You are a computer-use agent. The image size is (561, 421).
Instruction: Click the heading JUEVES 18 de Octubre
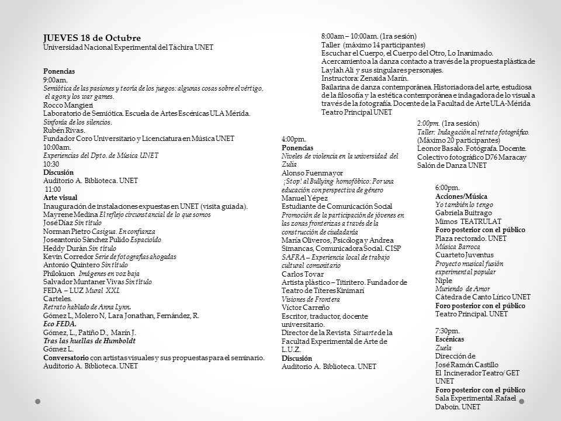pyautogui.click(x=92, y=38)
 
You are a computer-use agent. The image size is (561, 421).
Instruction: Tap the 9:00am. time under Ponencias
pyautogui.click(x=56, y=80)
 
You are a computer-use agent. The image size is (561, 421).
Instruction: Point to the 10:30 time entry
pyautogui.click(x=51, y=164)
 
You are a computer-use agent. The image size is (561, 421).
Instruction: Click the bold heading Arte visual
pyautogui.click(x=60, y=198)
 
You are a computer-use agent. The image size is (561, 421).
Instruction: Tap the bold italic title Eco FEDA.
pyautogui.click(x=60, y=324)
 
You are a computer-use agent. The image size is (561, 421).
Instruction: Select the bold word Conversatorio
pyautogui.click(x=65, y=358)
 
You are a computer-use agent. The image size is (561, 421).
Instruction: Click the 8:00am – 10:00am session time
pyautogui.click(x=349, y=36)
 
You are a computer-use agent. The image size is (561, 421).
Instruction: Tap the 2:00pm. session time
pyautogui.click(x=428, y=123)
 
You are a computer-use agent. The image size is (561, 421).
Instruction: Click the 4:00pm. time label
pyautogui.click(x=294, y=139)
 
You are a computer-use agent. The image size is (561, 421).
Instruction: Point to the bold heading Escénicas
pyautogui.click(x=450, y=339)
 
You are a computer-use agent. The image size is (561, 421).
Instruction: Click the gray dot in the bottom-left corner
pyautogui.click(x=37, y=401)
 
